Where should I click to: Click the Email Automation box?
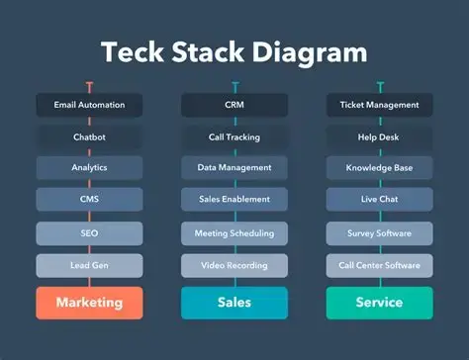89,105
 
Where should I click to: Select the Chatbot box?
89,137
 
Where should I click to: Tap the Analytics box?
89,168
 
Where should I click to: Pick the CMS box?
89,199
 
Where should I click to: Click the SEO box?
89,233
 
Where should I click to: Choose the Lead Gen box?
89,265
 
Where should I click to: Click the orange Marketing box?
89,303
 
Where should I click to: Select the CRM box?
234,105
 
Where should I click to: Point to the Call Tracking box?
234,137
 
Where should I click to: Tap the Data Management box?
234,168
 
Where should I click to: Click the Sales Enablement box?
234,199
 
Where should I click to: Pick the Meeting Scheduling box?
234,233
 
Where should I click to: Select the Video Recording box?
234,265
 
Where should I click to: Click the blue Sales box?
234,303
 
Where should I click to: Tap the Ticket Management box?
380,105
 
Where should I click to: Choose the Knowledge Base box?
380,168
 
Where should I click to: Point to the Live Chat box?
380,199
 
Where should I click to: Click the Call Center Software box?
380,265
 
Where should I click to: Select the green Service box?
380,303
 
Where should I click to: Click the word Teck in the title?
133,52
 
